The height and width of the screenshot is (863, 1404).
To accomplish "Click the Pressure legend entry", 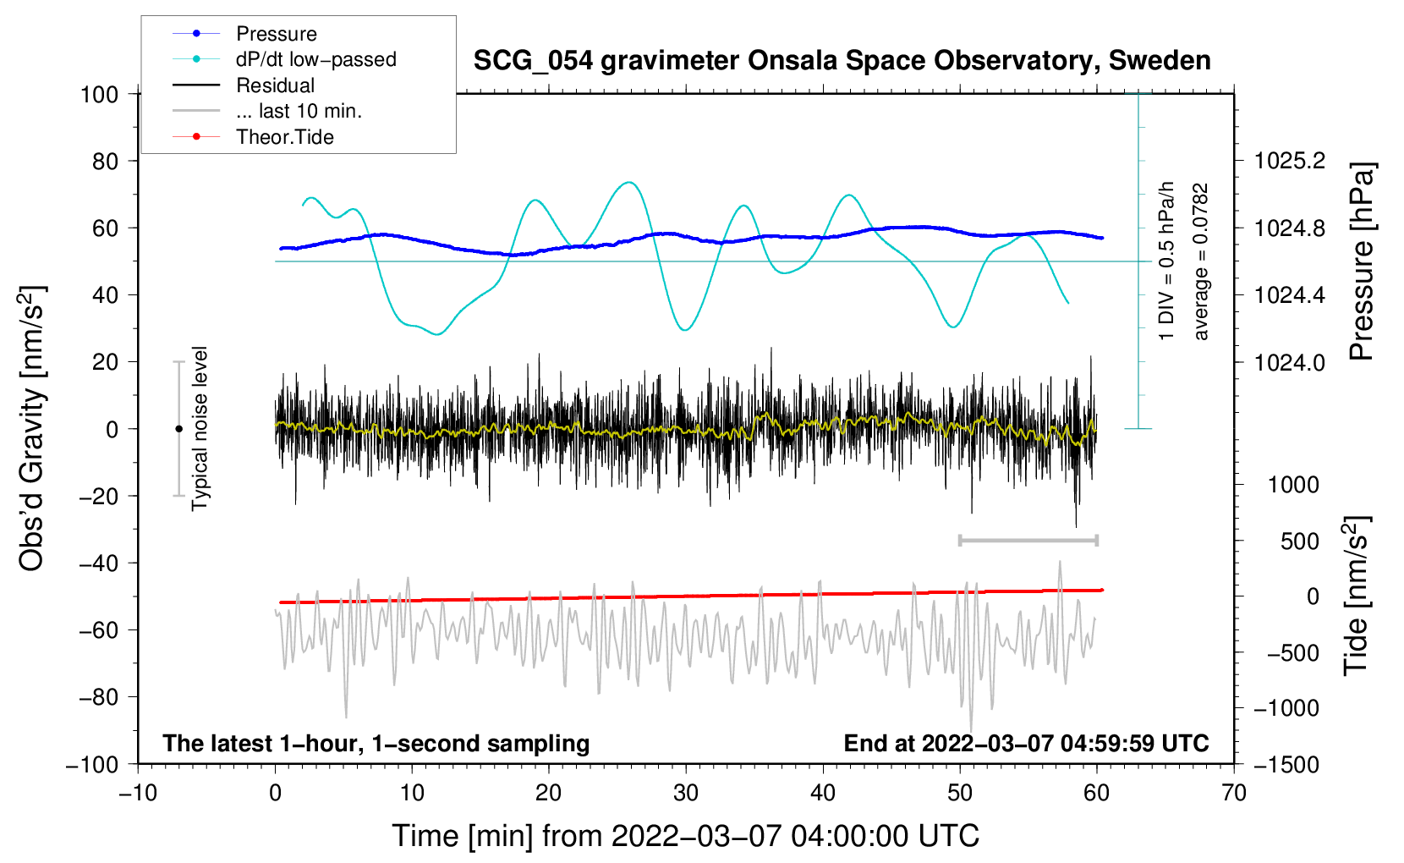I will [x=276, y=34].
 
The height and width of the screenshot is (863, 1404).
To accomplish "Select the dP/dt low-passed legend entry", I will [x=315, y=59].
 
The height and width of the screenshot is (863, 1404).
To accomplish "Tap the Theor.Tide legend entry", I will [x=284, y=137].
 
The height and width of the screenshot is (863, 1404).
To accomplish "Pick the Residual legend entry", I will [x=275, y=85].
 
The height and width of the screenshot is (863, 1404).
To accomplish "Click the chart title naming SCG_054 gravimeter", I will [x=842, y=61].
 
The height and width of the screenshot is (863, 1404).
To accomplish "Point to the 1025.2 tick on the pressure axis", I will [x=1290, y=161].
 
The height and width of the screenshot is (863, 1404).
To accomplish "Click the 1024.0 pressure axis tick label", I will [x=1290, y=362].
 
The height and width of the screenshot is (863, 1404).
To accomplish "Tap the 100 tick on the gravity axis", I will [x=99, y=94].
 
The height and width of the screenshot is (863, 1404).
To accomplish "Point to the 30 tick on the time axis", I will [x=686, y=793].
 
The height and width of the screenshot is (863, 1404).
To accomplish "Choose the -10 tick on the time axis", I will [x=138, y=793].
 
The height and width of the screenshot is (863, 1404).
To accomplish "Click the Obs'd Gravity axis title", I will [x=31, y=428].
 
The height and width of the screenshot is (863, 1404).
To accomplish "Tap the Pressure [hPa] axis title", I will [x=1361, y=261].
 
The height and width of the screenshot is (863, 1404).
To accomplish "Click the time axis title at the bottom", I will [x=685, y=836].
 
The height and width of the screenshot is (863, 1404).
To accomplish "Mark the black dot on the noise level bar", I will [x=178, y=429].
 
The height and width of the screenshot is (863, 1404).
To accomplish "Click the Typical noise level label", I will [x=200, y=428].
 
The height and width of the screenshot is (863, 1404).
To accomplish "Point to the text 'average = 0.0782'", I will [x=1201, y=261].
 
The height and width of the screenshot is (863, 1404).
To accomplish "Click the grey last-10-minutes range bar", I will [x=1028, y=540].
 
